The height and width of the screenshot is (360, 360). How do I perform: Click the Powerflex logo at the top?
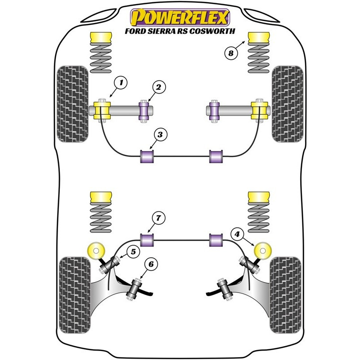tap(180, 18)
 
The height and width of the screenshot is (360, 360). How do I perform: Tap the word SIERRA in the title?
tap(162, 31)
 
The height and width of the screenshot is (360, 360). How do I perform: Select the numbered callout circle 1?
tap(121, 82)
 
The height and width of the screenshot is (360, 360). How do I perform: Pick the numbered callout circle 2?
tap(159, 87)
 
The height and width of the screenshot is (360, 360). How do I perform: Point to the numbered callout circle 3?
tap(160, 135)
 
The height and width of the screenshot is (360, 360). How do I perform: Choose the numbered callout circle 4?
tap(237, 234)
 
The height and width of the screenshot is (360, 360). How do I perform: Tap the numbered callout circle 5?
tap(133, 252)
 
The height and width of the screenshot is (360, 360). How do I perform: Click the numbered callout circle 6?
tap(151, 264)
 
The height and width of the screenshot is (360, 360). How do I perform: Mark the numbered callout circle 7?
tap(159, 218)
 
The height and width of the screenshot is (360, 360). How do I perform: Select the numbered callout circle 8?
tap(231, 53)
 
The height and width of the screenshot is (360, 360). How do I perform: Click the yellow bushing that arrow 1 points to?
tap(103, 110)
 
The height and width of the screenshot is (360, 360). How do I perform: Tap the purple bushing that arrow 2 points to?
tap(144, 111)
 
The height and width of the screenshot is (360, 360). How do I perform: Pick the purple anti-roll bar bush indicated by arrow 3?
tap(147, 156)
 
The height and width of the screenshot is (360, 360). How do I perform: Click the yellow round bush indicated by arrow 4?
tap(263, 251)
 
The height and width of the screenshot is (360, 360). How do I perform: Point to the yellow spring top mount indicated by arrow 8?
tap(259, 37)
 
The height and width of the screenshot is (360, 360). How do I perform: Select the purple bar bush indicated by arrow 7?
tap(147, 240)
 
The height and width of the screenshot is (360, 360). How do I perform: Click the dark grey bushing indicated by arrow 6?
tap(134, 289)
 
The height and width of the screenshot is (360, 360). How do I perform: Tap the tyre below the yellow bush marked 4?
tap(286, 295)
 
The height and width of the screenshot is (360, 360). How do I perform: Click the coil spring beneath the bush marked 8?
tap(259, 58)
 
